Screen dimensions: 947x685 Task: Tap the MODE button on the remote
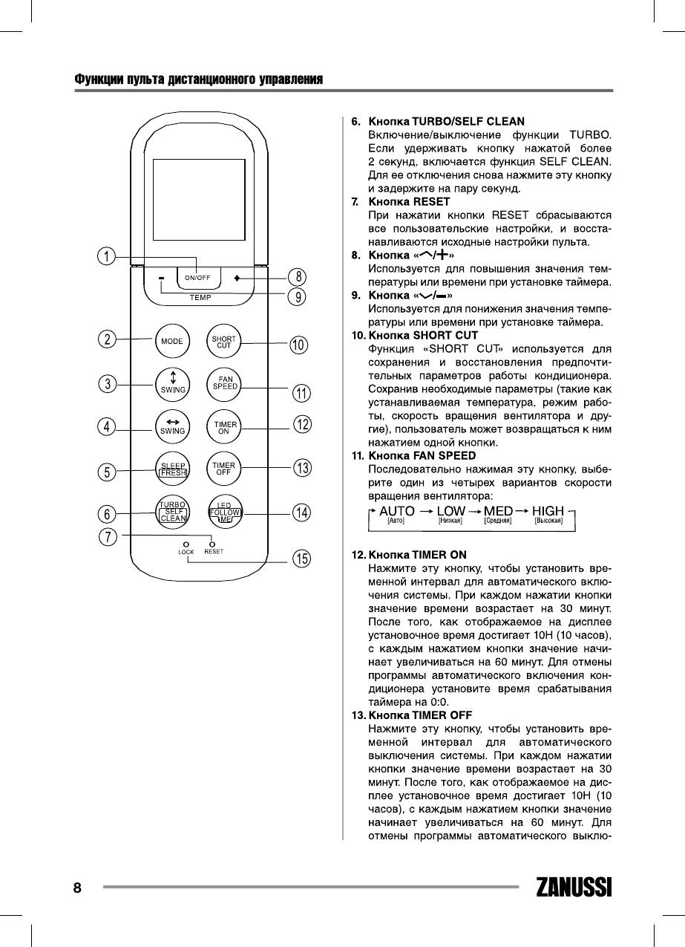click(x=172, y=341)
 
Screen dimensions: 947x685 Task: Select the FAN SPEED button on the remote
click(x=224, y=383)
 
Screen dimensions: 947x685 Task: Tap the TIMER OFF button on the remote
click(x=224, y=469)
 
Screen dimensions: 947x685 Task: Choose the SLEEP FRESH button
click(x=173, y=469)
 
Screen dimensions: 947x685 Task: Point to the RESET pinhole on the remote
click(x=212, y=544)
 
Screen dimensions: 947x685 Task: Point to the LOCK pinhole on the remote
click(x=186, y=544)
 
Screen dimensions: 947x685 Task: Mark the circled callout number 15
click(x=301, y=559)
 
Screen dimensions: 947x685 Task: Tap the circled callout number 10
click(x=298, y=345)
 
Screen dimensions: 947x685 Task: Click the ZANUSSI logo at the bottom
click(x=574, y=888)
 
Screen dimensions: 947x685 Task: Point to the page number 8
click(x=77, y=888)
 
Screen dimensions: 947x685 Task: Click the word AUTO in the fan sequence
click(x=397, y=512)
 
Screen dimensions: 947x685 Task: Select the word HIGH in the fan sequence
click(x=548, y=512)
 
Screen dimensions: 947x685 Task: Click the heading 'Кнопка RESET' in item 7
click(x=409, y=201)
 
